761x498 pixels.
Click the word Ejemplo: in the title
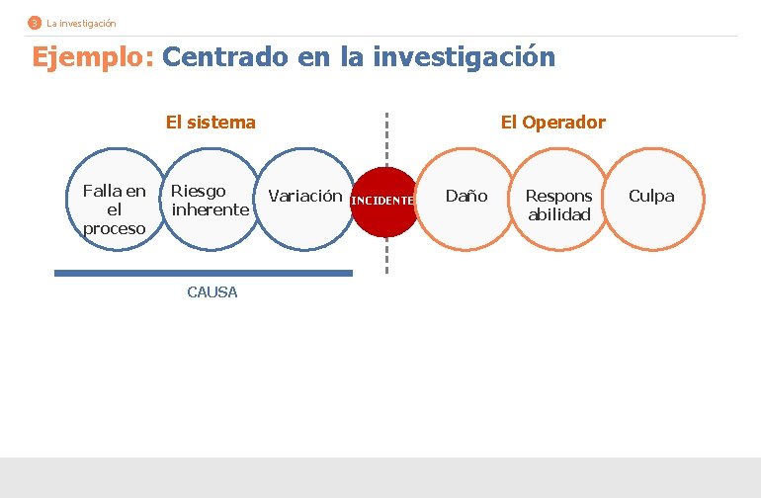[x=93, y=57]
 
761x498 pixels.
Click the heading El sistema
[x=211, y=123]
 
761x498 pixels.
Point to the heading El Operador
[x=552, y=123]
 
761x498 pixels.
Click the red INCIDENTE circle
[x=383, y=201]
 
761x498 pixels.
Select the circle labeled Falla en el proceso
[x=114, y=208]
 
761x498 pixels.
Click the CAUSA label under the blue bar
[x=211, y=292]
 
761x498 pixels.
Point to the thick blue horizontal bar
[x=203, y=273]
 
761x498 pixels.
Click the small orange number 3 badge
[x=35, y=23]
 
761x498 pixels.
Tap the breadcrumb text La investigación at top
[x=81, y=23]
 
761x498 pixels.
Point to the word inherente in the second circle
[x=210, y=209]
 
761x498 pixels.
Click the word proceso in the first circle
[x=114, y=228]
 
